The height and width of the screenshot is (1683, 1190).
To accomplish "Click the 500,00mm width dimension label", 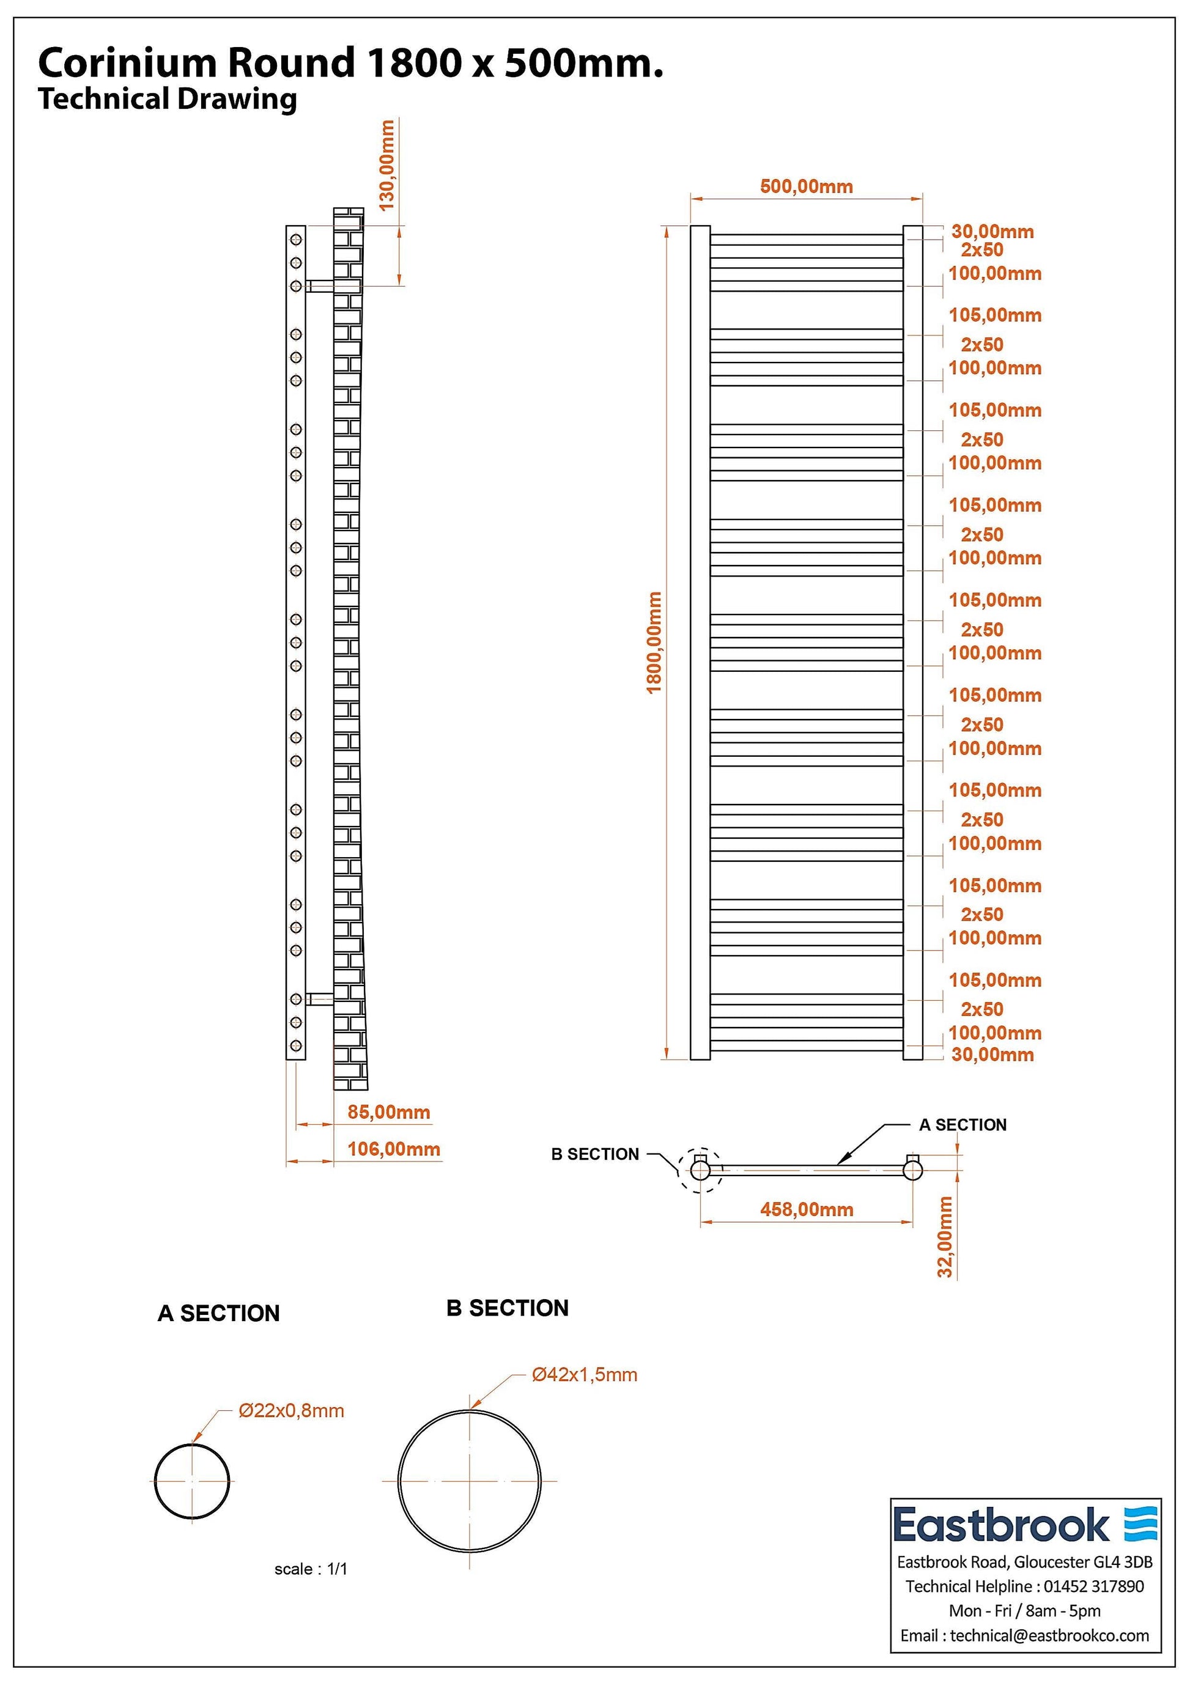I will coord(806,186).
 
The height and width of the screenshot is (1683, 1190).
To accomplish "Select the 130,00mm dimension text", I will coord(387,165).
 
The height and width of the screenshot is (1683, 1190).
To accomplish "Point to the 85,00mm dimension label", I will coord(388,1112).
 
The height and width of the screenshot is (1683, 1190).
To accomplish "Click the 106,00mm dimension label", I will coord(394,1149).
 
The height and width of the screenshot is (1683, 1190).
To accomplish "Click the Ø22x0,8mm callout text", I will coord(291,1410).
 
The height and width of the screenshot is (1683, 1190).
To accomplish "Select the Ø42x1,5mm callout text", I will coord(585,1374).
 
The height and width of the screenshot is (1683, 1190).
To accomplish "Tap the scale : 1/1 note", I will coord(311,1569).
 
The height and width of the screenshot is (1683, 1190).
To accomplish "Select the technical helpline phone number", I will coord(1093,1586).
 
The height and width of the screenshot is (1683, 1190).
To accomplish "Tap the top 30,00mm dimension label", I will coord(992,232).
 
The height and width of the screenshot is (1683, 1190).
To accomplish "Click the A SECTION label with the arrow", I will coord(963,1124).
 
